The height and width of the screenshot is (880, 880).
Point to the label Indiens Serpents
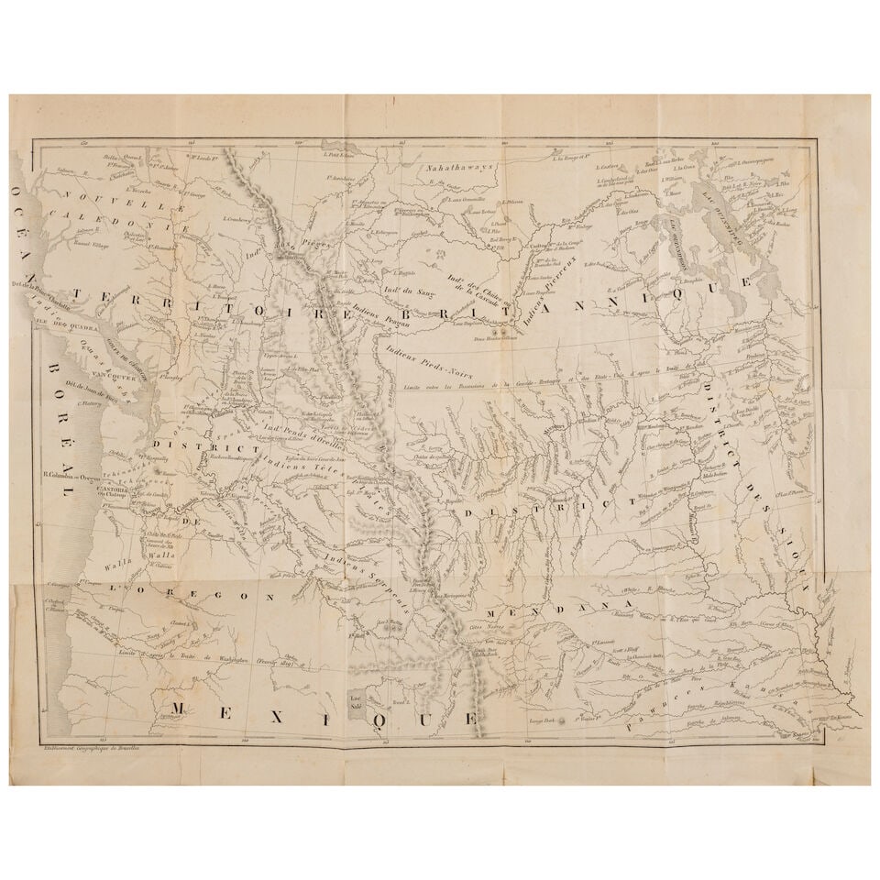tap(374, 574)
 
